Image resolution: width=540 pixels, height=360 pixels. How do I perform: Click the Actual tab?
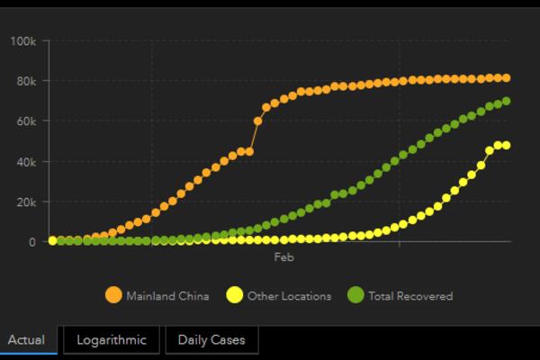pyautogui.click(x=27, y=340)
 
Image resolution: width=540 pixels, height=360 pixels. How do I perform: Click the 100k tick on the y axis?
pyautogui.click(x=22, y=41)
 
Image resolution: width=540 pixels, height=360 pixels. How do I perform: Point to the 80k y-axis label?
pyautogui.click(x=25, y=81)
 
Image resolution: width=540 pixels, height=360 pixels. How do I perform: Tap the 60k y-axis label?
pyautogui.click(x=25, y=121)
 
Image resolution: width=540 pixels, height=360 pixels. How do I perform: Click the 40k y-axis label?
pyautogui.click(x=25, y=162)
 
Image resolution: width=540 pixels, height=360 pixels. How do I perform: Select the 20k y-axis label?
pyautogui.click(x=25, y=202)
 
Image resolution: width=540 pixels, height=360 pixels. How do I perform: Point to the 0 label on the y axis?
pyautogui.click(x=31, y=241)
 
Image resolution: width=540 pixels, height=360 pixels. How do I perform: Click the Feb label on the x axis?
pyautogui.click(x=283, y=256)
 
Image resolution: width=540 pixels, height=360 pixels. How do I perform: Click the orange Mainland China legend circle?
pyautogui.click(x=113, y=295)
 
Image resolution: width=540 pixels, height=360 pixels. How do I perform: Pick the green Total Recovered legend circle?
pyautogui.click(x=355, y=295)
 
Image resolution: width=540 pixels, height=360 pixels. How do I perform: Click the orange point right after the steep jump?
pyautogui.click(x=258, y=121)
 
